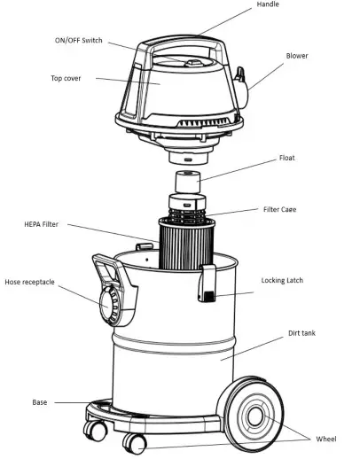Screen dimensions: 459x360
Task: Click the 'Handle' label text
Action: (x=268, y=5)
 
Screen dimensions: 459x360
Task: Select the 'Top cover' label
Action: (x=67, y=78)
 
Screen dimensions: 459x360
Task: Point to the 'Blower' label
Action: (x=297, y=55)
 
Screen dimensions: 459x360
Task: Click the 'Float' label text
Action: (x=286, y=158)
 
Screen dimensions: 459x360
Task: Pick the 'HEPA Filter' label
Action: (x=42, y=225)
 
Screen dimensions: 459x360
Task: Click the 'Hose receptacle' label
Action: (x=30, y=282)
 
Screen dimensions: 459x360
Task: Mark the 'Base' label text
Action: (x=40, y=402)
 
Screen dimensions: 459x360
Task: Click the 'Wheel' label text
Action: (x=325, y=439)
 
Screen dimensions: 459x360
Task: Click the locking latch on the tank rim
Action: (x=207, y=284)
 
